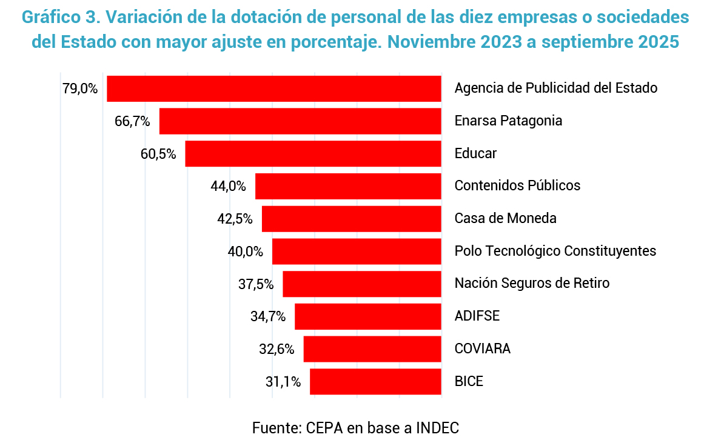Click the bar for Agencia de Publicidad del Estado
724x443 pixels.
click(273, 88)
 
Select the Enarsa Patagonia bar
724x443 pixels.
click(300, 121)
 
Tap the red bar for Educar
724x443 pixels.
click(313, 154)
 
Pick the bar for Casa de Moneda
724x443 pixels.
click(351, 219)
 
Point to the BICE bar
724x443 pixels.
click(375, 382)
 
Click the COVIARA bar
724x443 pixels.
click(372, 349)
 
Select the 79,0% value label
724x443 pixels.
click(79, 88)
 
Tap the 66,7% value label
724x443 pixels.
click(132, 121)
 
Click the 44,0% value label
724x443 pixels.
click(228, 186)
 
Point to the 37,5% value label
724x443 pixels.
click(255, 284)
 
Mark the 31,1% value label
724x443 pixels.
click(283, 382)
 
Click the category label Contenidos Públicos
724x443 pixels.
click(517, 185)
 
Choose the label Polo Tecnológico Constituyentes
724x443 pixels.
click(555, 251)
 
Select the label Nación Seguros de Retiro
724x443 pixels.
click(532, 283)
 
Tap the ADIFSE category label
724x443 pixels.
click(477, 316)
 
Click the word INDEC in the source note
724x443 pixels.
click(437, 427)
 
